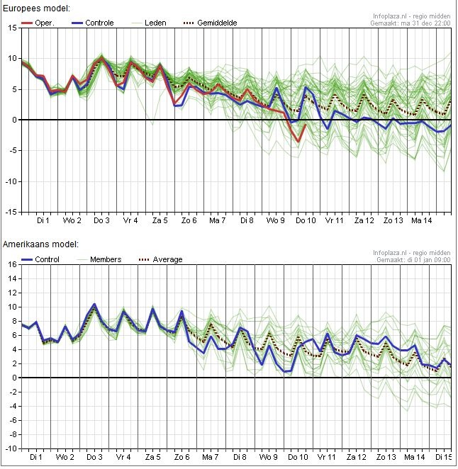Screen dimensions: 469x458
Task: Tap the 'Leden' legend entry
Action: coord(155,23)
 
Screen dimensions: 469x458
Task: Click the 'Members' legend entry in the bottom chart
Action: coord(105,259)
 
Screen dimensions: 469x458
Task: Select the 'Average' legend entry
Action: coord(167,259)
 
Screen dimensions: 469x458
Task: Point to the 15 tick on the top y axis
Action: coord(13,28)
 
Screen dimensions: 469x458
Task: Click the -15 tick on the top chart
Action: coord(11,212)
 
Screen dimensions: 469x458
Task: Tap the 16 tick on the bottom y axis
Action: coord(13,264)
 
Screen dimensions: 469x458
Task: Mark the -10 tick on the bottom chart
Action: coord(11,448)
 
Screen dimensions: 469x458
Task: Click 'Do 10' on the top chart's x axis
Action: coord(306,221)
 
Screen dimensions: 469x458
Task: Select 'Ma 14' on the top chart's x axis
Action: coord(423,221)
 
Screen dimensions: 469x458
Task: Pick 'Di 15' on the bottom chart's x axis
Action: coord(443,458)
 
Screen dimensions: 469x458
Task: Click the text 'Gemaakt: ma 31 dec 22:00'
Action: coord(410,23)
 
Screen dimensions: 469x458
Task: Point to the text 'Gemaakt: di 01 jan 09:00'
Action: coord(410,260)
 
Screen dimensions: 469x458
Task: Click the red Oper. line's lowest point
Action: coord(298,142)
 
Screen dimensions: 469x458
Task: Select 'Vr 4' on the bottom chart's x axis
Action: coord(123,458)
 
